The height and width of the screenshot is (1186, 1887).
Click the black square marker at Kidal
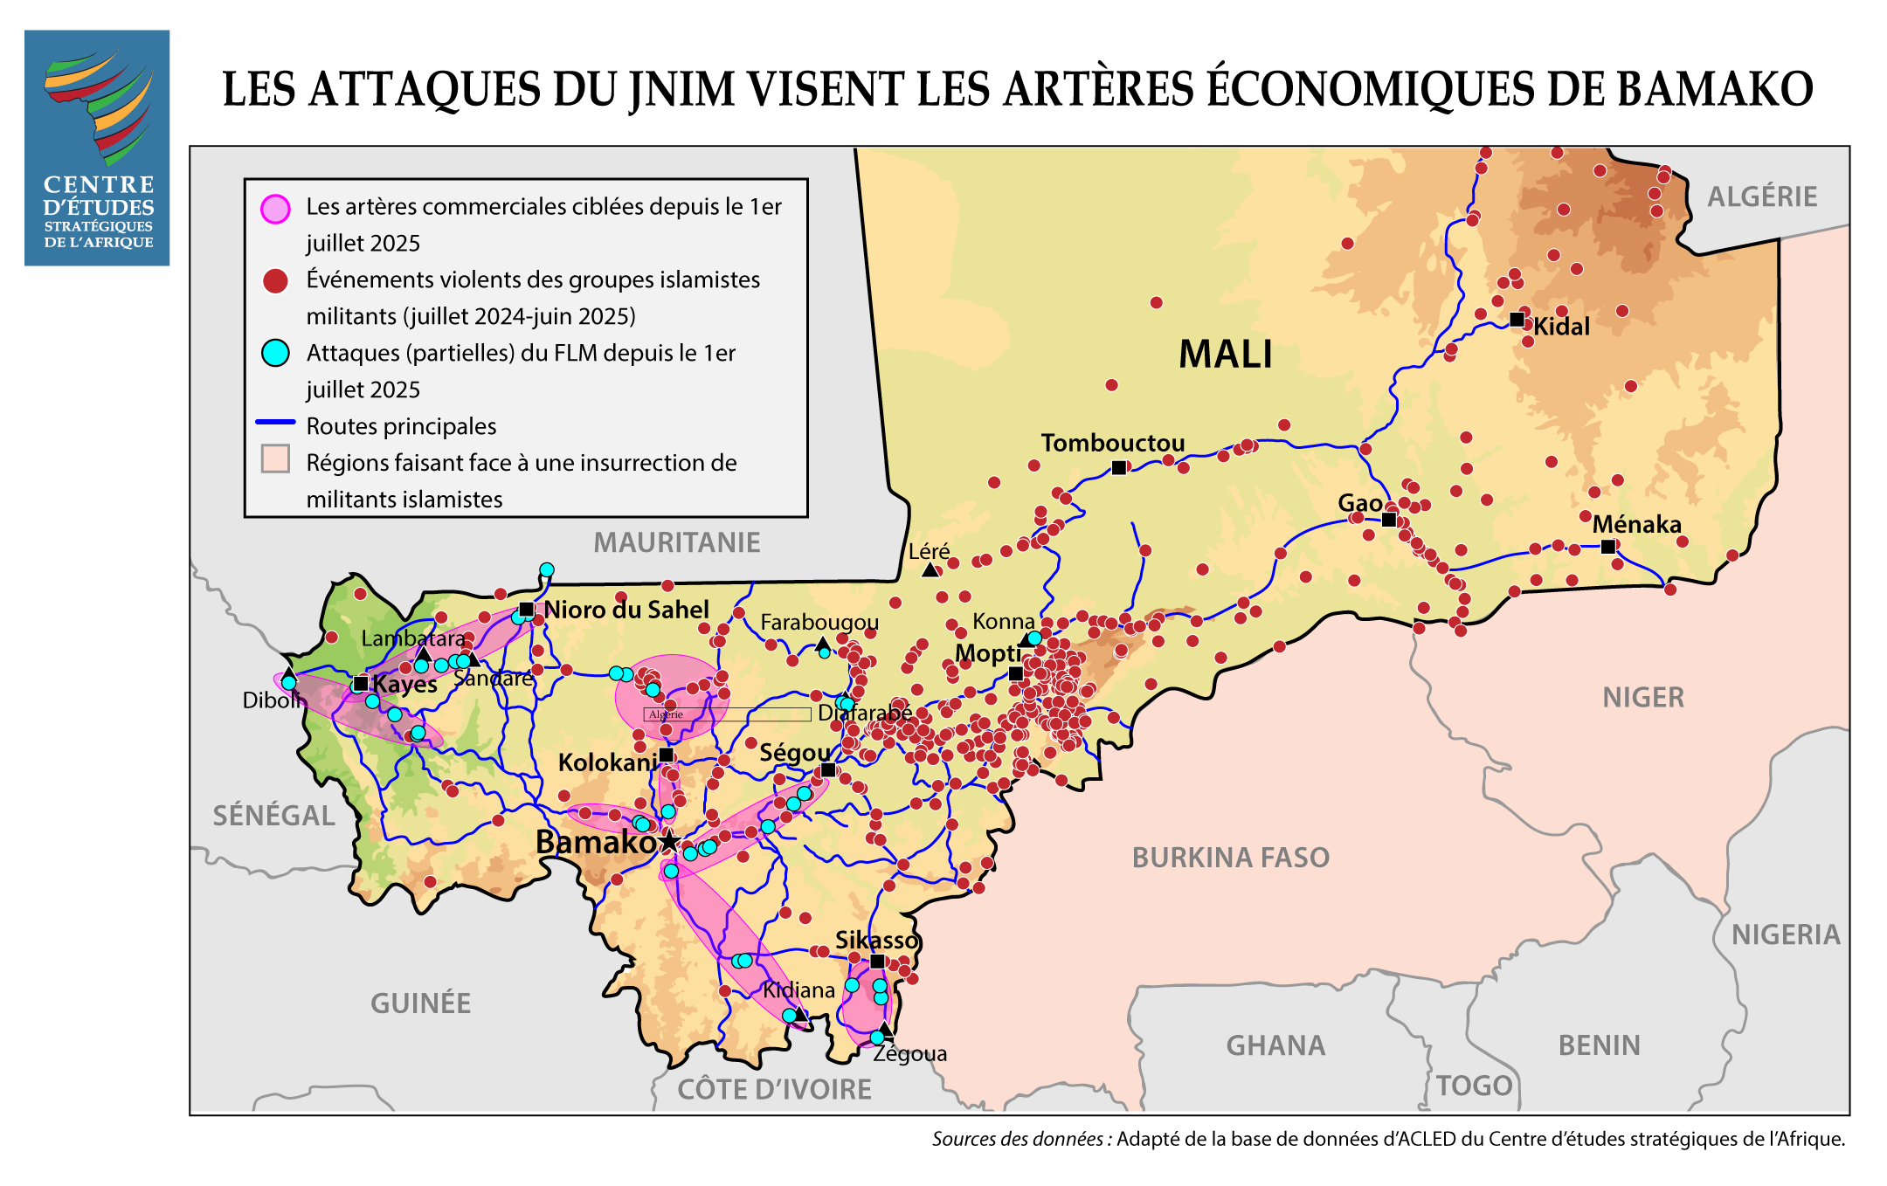[x=1517, y=320]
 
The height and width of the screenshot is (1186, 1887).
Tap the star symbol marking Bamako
[x=669, y=842]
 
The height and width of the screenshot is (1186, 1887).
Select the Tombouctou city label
[x=1112, y=443]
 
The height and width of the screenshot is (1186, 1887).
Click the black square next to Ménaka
[x=1607, y=547]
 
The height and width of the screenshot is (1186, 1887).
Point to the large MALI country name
[x=1225, y=355]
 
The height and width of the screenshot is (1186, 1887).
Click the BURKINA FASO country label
[x=1230, y=858]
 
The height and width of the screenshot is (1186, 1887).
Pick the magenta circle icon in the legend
[x=275, y=210]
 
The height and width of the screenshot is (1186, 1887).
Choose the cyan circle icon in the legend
[x=275, y=353]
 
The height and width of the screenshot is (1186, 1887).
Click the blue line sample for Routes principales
[x=275, y=423]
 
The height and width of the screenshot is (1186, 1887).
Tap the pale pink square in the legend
[x=275, y=459]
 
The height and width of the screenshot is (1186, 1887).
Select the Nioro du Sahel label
[x=626, y=610]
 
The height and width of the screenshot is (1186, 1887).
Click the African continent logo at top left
[x=98, y=105]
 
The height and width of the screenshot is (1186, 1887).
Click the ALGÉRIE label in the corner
[x=1762, y=197]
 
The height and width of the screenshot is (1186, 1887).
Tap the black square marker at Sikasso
[x=877, y=961]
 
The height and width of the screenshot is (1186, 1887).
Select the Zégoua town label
[x=910, y=1053]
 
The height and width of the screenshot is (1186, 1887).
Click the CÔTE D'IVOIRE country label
[x=774, y=1089]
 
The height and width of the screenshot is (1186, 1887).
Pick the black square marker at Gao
[x=1388, y=520]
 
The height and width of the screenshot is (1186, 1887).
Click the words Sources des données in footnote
[x=1017, y=1139]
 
